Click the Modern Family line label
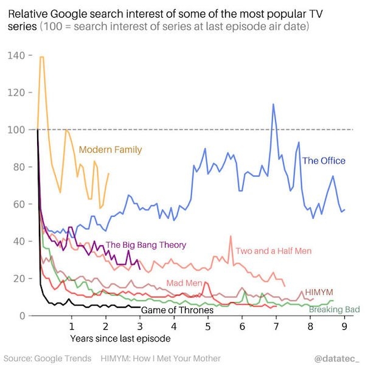(110, 150)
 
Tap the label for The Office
(324, 161)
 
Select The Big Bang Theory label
(146, 245)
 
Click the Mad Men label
(184, 283)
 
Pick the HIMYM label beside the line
(319, 292)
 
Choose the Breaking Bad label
(335, 310)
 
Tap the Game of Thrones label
(177, 310)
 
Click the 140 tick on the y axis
(17, 55)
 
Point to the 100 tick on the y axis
(17, 130)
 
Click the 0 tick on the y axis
(21, 315)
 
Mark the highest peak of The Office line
(273, 104)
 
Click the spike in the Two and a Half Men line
(231, 236)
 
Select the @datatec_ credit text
(338, 358)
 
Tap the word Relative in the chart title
(29, 14)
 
